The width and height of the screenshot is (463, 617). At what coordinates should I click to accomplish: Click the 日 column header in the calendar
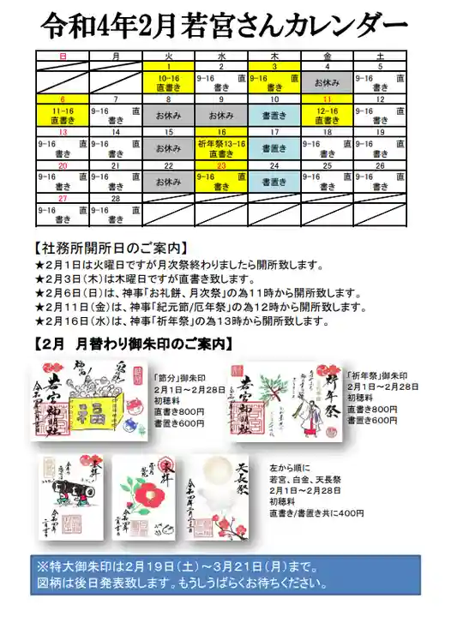tap(63, 56)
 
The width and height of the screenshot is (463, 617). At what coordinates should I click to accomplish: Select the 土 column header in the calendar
tap(380, 56)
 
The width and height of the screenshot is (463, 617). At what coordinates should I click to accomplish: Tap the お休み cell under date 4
tap(327, 83)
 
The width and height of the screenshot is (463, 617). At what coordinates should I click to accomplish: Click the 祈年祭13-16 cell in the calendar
tap(221, 147)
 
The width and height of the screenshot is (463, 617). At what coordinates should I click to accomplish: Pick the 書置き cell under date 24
tap(274, 182)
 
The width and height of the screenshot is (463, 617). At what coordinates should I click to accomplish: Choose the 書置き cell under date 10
tap(274, 115)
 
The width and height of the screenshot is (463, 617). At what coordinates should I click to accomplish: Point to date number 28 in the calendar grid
tap(116, 198)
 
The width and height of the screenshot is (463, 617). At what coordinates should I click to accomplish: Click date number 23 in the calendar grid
tap(221, 165)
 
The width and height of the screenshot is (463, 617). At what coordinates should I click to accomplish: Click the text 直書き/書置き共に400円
tap(316, 512)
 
